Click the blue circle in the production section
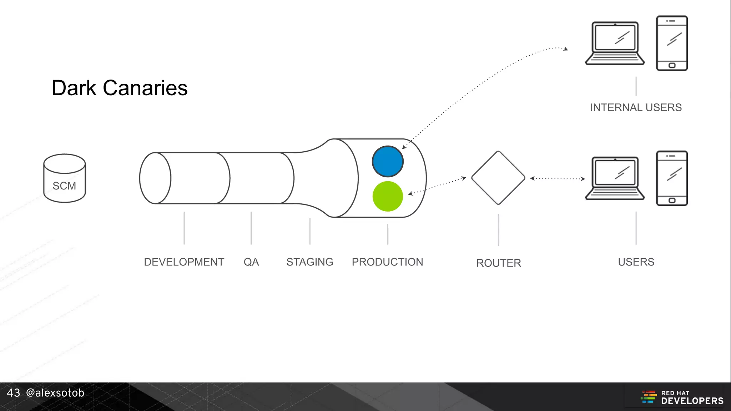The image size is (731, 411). (388, 161)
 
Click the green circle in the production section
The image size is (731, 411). (388, 196)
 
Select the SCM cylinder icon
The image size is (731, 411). (64, 178)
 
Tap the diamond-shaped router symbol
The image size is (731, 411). (498, 178)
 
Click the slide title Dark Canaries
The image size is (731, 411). (120, 88)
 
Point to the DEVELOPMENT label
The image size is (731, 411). (184, 262)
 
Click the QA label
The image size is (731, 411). (251, 262)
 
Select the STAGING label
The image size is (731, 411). (309, 262)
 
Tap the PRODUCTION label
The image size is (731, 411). (387, 262)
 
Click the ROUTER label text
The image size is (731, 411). (499, 263)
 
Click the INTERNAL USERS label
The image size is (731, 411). (636, 107)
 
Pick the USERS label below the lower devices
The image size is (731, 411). (636, 262)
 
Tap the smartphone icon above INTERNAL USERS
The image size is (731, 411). (672, 43)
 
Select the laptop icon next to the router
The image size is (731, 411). (615, 178)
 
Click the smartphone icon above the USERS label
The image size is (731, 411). (672, 178)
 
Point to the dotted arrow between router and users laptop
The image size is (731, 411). (557, 178)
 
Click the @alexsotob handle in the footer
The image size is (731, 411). (55, 393)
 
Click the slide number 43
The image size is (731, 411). (14, 393)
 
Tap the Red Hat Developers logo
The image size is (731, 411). (682, 397)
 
